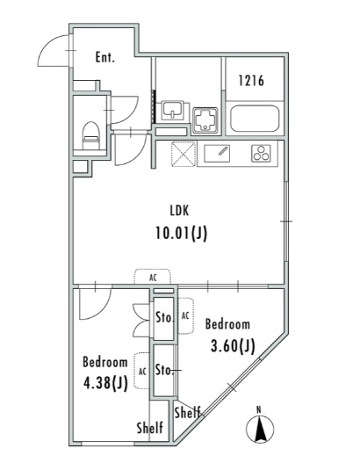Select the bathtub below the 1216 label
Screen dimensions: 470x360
[254, 117]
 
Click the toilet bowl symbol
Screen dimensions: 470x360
[89, 134]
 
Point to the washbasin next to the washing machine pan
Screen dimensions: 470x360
[172, 110]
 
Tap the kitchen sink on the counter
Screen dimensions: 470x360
[217, 152]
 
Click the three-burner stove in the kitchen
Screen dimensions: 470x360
[262, 152]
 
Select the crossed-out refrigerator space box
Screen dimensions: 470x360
[184, 153]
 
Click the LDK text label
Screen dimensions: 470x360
[179, 210]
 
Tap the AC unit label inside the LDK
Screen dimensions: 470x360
[153, 277]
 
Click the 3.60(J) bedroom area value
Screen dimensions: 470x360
[232, 345]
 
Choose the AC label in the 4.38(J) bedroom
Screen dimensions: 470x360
[141, 370]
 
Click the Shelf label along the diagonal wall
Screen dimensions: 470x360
[187, 412]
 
